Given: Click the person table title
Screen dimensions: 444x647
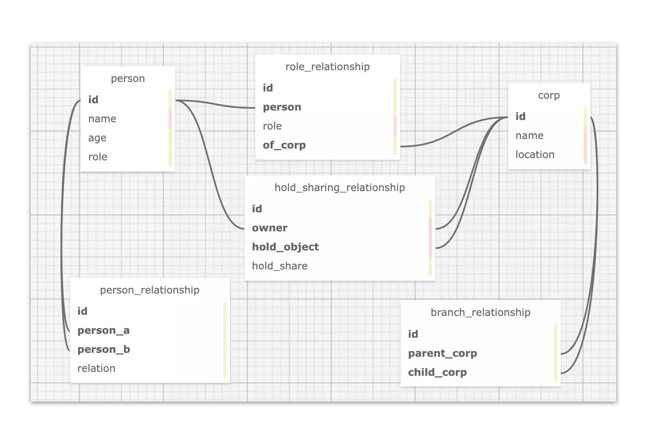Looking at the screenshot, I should coord(128,79).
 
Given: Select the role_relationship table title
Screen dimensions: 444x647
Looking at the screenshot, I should coord(327,67).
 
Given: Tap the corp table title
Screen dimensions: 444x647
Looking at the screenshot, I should coord(548,95).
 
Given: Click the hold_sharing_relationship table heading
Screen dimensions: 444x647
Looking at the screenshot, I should coord(339,187).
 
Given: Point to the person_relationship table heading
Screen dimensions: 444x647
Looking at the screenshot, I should coord(150,290).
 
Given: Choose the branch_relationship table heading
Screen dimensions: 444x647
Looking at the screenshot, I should coord(480,312).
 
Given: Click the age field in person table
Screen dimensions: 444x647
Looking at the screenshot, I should coord(97,138).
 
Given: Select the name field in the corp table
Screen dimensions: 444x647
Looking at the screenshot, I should coord(529,136).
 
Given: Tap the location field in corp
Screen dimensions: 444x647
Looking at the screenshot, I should coord(535,155).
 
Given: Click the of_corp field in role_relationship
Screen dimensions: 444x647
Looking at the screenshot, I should coord(284,145).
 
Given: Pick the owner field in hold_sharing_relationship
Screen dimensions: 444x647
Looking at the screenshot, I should coord(269,228).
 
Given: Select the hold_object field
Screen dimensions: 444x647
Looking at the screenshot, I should coord(285,247).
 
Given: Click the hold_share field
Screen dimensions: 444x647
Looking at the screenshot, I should coord(279,266).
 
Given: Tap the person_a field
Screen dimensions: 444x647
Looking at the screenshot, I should coord(104,331).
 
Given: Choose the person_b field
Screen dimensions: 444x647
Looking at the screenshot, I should coord(104,349).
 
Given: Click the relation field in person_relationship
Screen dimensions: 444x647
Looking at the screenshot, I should coord(96,368).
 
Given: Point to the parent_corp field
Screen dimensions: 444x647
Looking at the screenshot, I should coord(442,353).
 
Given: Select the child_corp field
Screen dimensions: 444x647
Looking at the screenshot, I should coord(437,372).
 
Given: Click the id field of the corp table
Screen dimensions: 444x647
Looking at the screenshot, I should coord(520,116).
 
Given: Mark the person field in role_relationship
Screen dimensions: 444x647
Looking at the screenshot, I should coord(282,107).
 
